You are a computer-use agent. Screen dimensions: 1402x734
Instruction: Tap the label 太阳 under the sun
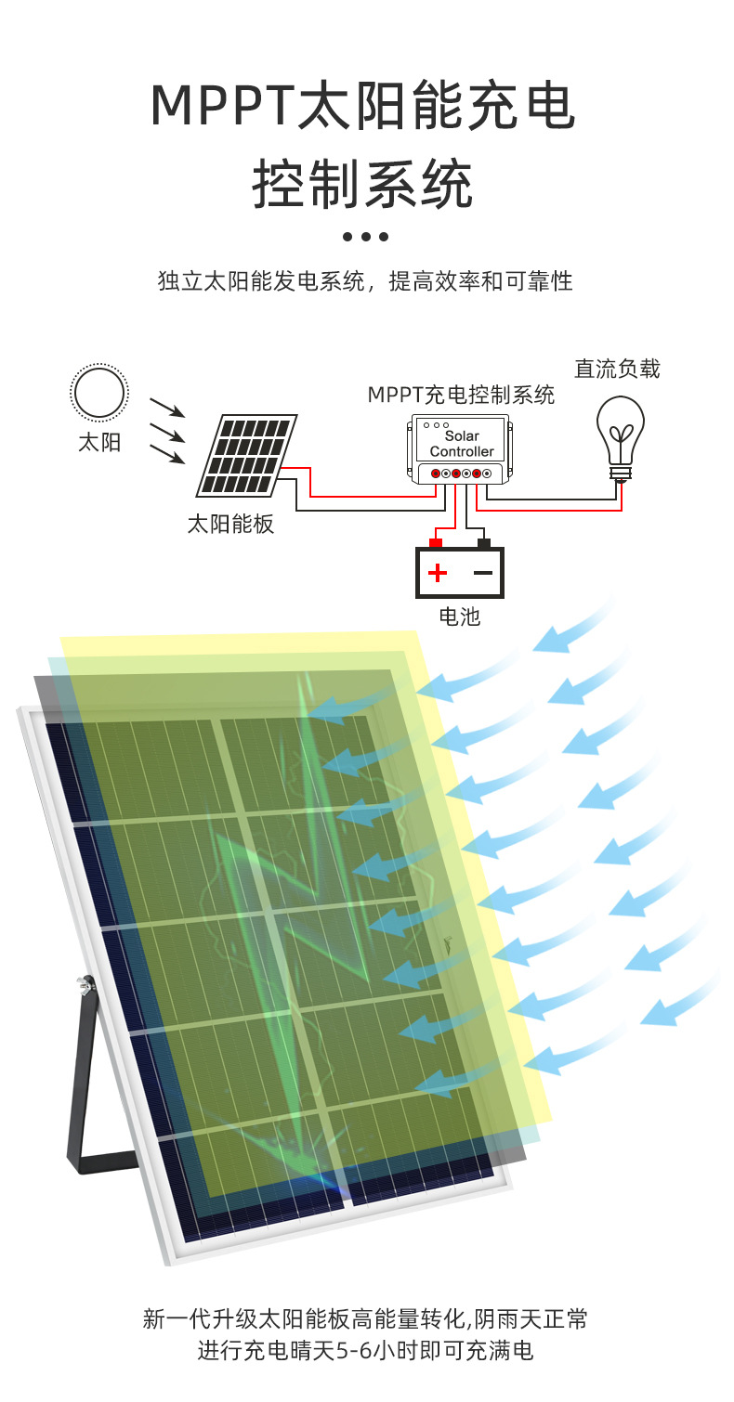98,443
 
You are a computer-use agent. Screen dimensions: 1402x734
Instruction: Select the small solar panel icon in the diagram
246,455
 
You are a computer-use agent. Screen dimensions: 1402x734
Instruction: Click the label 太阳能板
231,524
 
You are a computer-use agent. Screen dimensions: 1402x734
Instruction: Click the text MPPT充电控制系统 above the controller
461,395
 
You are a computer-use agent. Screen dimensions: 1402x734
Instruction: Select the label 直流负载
617,369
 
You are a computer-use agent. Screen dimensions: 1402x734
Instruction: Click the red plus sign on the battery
438,572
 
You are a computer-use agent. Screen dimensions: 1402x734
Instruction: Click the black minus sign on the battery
483,572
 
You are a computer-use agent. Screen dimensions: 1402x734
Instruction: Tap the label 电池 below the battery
460,616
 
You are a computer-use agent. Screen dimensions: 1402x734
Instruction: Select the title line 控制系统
363,184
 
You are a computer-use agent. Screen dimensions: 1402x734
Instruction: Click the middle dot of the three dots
365,237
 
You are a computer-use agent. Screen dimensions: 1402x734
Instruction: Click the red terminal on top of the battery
436,541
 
